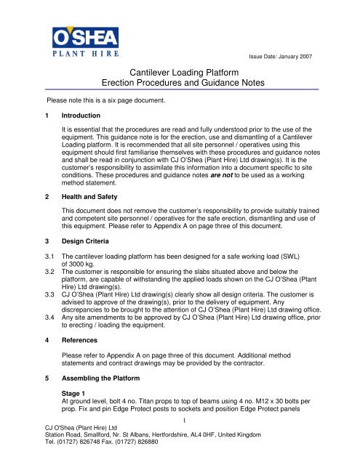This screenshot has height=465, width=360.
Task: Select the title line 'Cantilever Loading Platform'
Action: click(179, 72)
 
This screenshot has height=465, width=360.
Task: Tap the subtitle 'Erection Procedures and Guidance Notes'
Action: click(179, 84)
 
